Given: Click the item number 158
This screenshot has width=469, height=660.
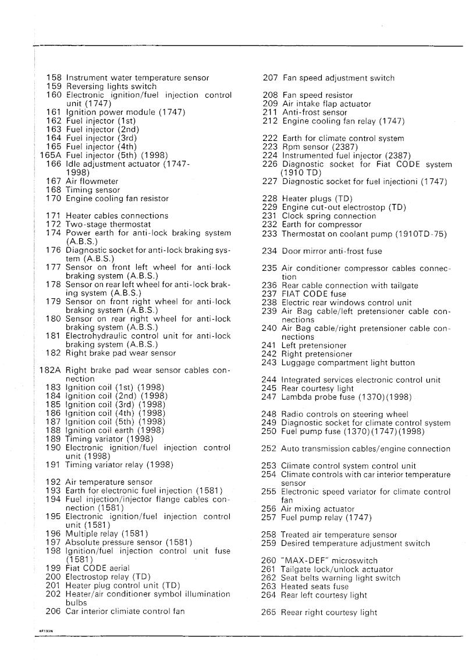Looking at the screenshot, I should [x=54, y=77].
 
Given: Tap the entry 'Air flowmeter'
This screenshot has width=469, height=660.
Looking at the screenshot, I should [x=92, y=181].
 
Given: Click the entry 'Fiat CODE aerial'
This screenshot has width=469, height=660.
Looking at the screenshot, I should [x=98, y=568].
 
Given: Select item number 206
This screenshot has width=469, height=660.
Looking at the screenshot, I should [x=54, y=612].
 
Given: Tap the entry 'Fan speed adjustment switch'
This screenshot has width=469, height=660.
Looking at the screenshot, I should [x=338, y=78].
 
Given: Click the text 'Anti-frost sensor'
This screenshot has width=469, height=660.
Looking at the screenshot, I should [x=314, y=112].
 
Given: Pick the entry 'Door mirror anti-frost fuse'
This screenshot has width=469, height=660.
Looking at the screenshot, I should [x=332, y=251].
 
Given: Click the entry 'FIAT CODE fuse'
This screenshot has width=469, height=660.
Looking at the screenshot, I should [x=314, y=294].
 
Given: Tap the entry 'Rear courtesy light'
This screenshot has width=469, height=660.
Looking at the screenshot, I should [x=317, y=389].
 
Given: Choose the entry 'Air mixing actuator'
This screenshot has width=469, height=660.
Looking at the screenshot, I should [x=317, y=509].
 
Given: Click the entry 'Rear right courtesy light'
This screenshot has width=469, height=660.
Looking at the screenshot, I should [x=329, y=613].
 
